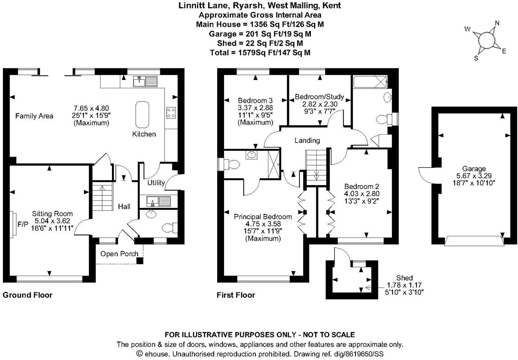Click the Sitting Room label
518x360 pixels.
(x=52, y=213)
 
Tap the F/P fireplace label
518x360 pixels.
(x=23, y=224)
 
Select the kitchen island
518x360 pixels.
(x=142, y=114)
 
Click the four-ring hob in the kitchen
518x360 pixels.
(x=171, y=113)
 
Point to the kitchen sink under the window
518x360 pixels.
(x=145, y=81)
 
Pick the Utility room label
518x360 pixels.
(x=156, y=183)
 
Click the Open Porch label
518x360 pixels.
(x=119, y=254)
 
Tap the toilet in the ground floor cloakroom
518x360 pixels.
(x=170, y=228)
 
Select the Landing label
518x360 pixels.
(x=307, y=140)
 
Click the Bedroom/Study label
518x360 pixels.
(x=319, y=96)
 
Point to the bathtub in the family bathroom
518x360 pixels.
(x=370, y=82)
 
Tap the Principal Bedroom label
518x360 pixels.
(x=263, y=217)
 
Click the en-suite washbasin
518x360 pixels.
(x=251, y=155)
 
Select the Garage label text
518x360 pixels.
(x=474, y=168)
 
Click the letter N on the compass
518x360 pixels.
(x=497, y=23)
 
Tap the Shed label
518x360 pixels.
(x=404, y=278)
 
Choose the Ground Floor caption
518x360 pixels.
(x=28, y=295)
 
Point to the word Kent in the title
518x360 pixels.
(x=332, y=5)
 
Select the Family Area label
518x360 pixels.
(x=34, y=116)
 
